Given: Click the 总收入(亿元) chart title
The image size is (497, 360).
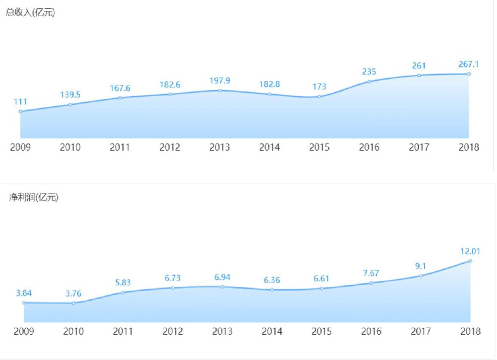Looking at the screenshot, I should coord(30,13).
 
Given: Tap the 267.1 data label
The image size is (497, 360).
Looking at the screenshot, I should coord(468,64).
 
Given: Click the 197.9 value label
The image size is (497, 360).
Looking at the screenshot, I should coord(220,80).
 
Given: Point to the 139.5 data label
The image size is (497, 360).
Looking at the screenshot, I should coord(70,95).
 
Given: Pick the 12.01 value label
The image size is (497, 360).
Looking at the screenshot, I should coord(470,251).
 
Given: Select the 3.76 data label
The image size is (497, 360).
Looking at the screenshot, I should coord(73,293).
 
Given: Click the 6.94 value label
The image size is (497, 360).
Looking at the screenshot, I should coord(222,277).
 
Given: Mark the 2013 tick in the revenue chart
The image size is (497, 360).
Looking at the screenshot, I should coord(220,147).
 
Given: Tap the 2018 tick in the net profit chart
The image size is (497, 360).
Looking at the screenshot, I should coord(470,331).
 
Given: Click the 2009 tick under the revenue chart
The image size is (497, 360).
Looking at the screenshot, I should coord(20,147).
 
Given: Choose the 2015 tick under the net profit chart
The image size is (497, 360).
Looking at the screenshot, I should coord(322,331).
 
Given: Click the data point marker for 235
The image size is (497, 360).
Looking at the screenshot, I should coord(369,82).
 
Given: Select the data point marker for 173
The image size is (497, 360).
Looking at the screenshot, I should coord(319,97).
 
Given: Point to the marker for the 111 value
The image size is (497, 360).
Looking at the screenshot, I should coord(20,111).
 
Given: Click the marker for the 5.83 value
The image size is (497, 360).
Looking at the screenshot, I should coord(123,292).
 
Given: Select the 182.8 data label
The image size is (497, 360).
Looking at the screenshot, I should coord(269,84).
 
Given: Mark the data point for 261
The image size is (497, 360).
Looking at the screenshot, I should coord(419,75).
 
